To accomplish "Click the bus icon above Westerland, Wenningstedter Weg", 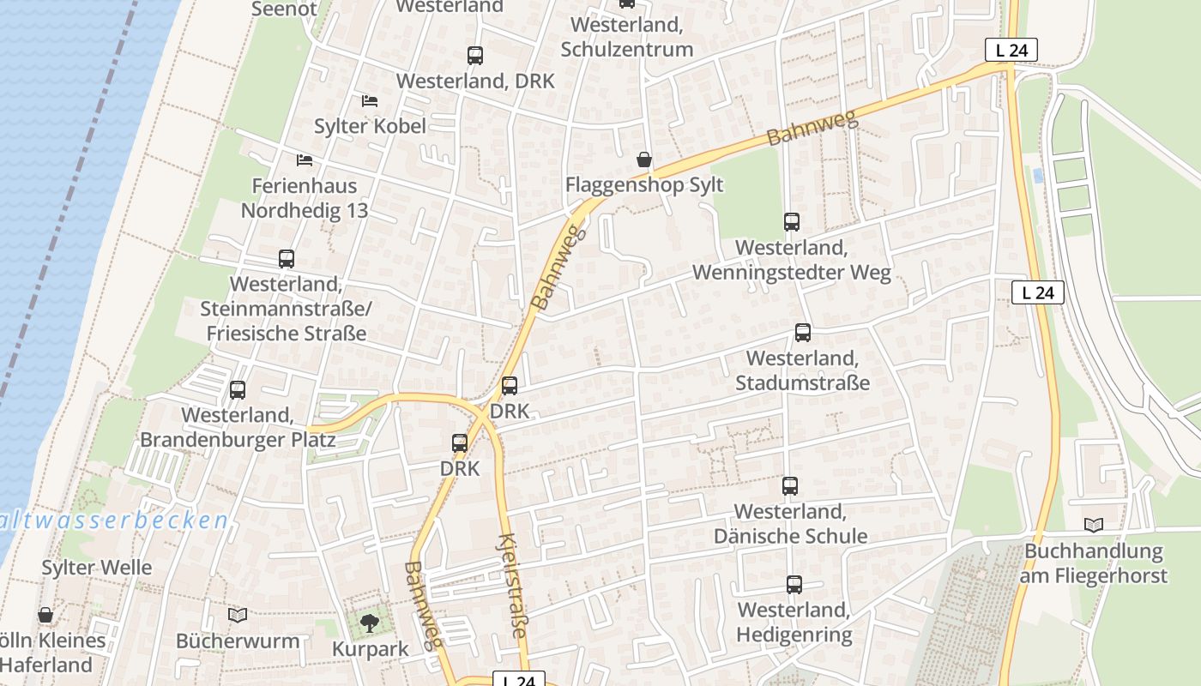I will click(x=792, y=222).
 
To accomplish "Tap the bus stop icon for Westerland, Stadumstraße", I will click(x=803, y=333).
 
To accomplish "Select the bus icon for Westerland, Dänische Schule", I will click(x=790, y=486).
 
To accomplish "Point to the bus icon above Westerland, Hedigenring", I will click(x=794, y=585).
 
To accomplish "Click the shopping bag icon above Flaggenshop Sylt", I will click(x=644, y=159).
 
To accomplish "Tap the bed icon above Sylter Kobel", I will click(x=370, y=101).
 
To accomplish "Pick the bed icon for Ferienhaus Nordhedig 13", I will click(x=304, y=160).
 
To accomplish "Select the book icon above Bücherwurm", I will click(x=238, y=616).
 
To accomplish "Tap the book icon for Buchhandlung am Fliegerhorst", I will click(x=1094, y=526).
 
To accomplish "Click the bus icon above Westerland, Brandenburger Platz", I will click(x=238, y=390).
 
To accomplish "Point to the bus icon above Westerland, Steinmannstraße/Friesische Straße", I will click(x=287, y=259).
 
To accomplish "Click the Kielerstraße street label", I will click(x=511, y=586).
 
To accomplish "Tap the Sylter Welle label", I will click(x=97, y=568).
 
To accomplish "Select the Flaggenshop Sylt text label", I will click(x=644, y=185).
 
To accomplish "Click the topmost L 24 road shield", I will click(x=1011, y=51).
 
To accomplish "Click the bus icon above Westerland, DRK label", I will click(x=475, y=56).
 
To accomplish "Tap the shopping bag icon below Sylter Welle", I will click(x=45, y=615).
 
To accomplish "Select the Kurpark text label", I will click(x=371, y=649).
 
